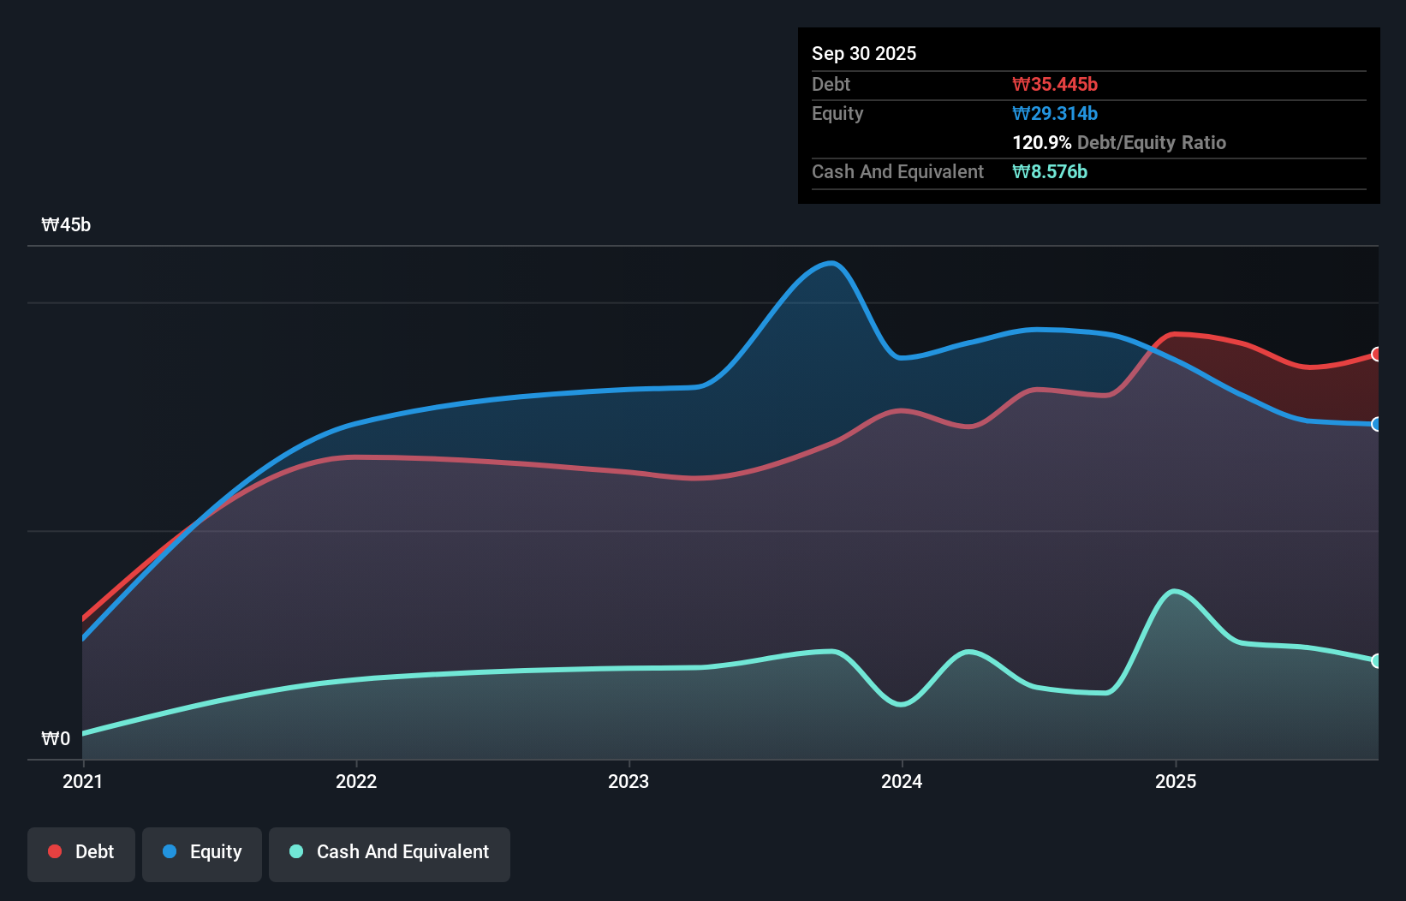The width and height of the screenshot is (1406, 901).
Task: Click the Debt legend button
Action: [80, 852]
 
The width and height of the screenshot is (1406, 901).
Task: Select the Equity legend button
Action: [202, 852]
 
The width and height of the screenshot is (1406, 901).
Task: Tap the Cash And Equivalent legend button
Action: [390, 852]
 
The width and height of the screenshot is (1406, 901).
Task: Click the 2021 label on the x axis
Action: [82, 781]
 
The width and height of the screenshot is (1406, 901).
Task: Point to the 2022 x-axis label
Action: [356, 781]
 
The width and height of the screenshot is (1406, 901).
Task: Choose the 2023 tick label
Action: [629, 781]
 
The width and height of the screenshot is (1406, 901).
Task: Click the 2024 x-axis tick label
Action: [902, 781]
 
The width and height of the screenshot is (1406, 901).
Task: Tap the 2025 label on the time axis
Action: [1175, 781]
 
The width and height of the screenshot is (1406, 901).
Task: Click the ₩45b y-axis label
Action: [66, 225]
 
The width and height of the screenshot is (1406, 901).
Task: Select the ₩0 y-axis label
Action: [56, 738]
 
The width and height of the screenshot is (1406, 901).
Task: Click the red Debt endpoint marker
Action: [1377, 354]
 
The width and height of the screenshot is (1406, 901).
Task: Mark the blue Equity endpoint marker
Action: [1377, 424]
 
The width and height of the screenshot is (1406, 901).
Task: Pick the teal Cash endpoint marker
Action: [1377, 660]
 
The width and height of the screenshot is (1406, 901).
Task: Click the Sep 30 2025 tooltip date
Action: [863, 53]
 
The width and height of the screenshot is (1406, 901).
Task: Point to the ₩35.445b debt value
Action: [1054, 84]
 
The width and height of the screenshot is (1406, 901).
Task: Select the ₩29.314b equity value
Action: [1054, 113]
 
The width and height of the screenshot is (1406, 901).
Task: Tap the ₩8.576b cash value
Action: [1049, 171]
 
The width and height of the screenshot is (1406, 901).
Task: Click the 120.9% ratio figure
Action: [1041, 142]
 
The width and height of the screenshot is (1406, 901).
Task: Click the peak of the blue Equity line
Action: [831, 263]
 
